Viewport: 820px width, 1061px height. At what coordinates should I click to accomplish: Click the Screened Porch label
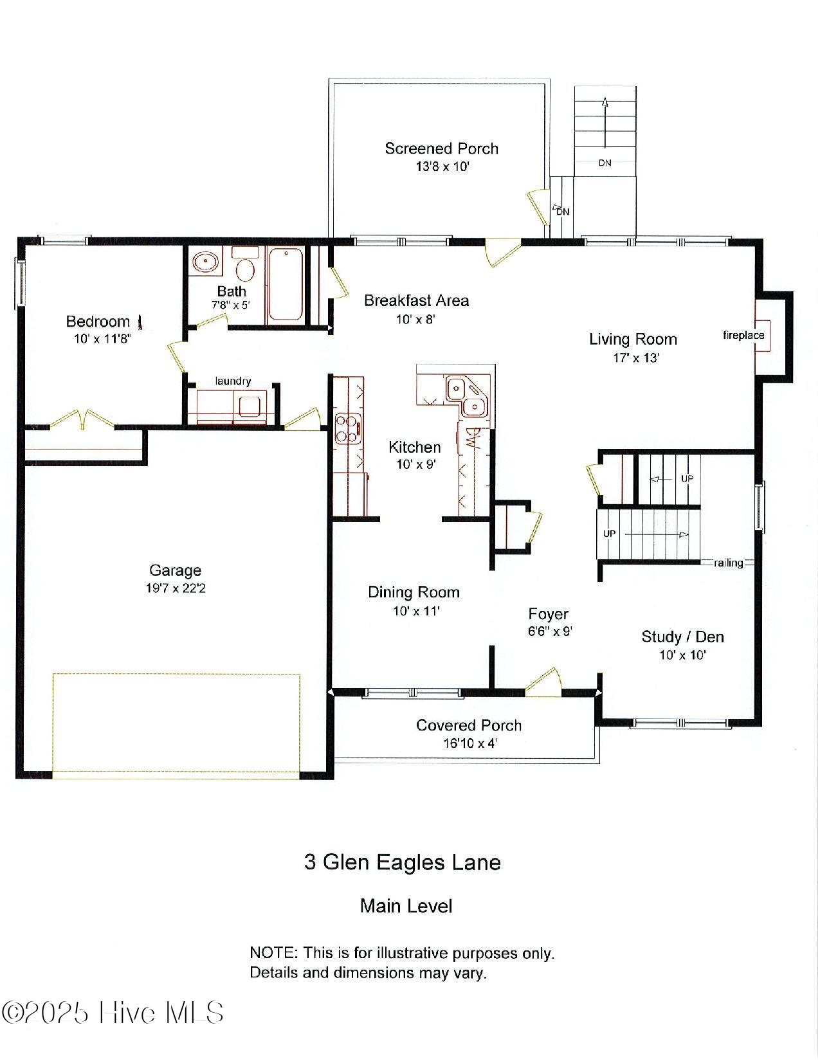click(441, 149)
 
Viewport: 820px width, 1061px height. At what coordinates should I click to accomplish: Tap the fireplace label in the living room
click(743, 335)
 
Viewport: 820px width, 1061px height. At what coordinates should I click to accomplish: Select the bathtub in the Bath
click(285, 284)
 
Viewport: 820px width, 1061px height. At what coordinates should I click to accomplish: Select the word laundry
click(233, 381)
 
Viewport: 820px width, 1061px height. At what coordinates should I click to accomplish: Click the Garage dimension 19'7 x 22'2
click(176, 588)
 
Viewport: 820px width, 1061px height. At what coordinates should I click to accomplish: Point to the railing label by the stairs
click(728, 563)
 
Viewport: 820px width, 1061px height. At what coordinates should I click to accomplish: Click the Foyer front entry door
click(544, 682)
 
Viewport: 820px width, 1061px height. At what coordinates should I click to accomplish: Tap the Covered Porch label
click(468, 725)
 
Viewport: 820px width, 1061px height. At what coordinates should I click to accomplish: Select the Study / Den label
click(682, 637)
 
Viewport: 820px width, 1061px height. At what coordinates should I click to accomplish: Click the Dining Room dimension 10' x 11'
click(416, 611)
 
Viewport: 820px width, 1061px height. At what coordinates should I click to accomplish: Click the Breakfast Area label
click(416, 300)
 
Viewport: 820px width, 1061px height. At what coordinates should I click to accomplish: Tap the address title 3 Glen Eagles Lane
click(402, 862)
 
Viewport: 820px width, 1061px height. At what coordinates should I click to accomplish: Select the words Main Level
click(406, 906)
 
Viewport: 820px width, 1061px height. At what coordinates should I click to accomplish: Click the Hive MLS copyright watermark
click(113, 1013)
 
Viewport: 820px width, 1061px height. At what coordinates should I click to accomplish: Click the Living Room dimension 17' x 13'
click(635, 358)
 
